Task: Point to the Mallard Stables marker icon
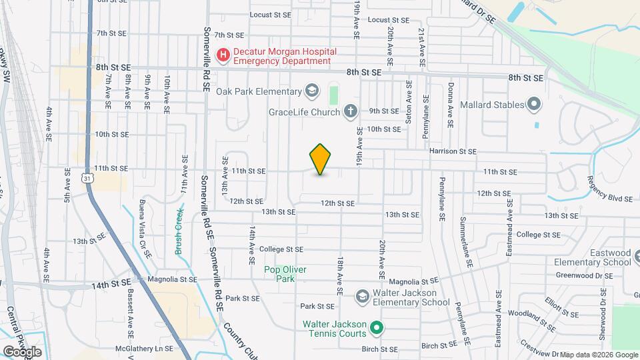coord(533,103)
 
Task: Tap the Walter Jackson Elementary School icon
coord(362,295)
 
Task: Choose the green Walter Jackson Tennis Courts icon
coord(376,327)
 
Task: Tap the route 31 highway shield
coord(87,177)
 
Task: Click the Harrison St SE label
coord(453,151)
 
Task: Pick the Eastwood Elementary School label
coord(593,257)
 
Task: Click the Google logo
coord(21,351)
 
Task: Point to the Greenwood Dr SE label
coord(584,275)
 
